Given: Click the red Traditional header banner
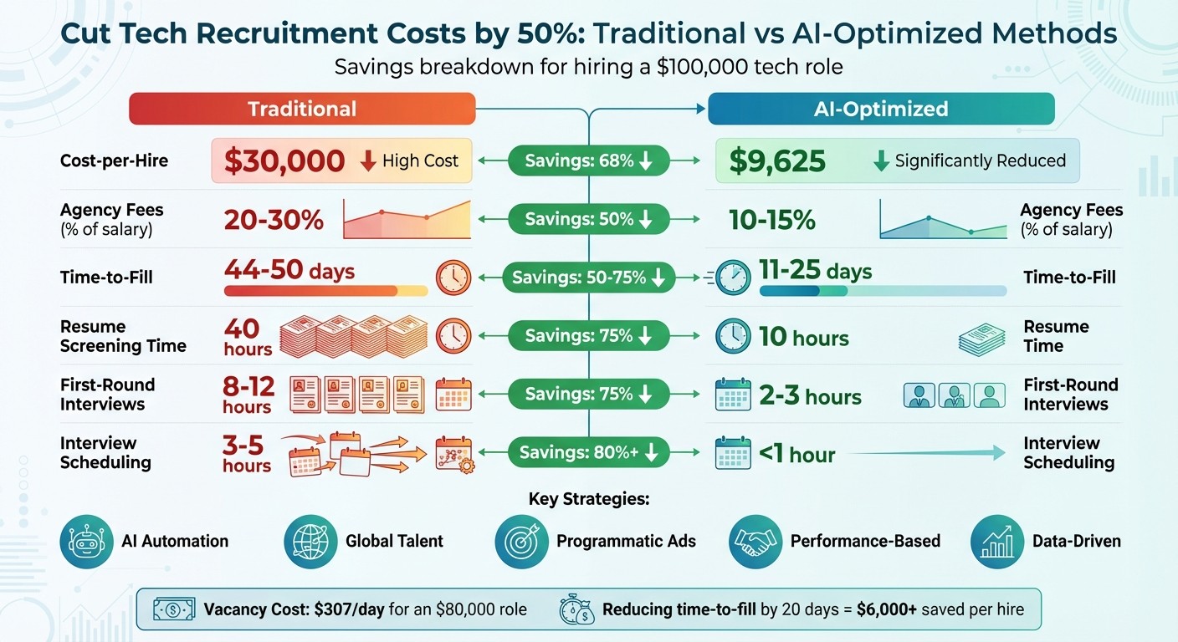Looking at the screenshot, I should coord(302,109).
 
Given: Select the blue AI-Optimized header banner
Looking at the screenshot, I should coord(881,109).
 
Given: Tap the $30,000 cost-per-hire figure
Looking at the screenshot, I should coord(284,160).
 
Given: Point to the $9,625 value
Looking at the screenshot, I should coord(777,160).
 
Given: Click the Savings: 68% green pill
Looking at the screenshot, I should coord(589,160).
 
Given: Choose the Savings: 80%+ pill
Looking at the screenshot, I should coord(589,452).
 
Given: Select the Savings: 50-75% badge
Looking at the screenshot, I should coord(589,278).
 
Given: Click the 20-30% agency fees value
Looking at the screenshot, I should coord(274,220).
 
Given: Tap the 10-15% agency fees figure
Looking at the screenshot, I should coord(771,220).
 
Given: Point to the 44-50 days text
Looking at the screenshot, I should coord(289,271).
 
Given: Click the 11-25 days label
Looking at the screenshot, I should coord(815,271).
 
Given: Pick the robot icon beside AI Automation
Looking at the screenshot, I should coord(86,542).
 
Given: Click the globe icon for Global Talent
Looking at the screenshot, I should coord(310,542).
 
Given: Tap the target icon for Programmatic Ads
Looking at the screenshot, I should coord(521,542).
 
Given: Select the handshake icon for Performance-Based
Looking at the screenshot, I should coord(755,542).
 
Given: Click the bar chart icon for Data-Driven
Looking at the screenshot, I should coord(997,542).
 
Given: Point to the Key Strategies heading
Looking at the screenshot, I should coord(589,500).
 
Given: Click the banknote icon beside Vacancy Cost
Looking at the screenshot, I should coord(173,609).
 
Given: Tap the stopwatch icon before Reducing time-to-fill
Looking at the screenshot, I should coord(576,609).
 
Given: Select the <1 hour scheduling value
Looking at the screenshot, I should coord(796,454).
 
